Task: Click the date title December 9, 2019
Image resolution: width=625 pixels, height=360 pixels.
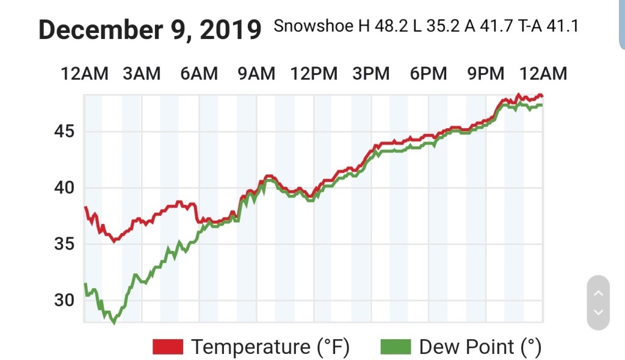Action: pos(150,29)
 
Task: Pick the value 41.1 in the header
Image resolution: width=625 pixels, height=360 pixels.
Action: pos(562,27)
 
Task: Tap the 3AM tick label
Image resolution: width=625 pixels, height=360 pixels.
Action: pos(142,74)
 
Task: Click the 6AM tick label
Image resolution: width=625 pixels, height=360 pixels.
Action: pos(199,74)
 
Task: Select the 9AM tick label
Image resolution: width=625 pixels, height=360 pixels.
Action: pos(256,74)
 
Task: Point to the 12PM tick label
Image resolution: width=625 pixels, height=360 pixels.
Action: pos(314,74)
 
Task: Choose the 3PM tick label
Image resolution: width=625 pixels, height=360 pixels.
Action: pos(371,74)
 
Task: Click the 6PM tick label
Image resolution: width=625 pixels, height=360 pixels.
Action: pos(428,74)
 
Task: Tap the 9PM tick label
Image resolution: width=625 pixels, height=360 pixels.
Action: pos(486,74)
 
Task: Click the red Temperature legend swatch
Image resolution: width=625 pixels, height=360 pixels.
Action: pos(168,347)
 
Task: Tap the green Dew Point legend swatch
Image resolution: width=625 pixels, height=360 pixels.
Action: pos(396,347)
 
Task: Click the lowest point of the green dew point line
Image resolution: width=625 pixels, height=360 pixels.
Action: pos(114,322)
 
